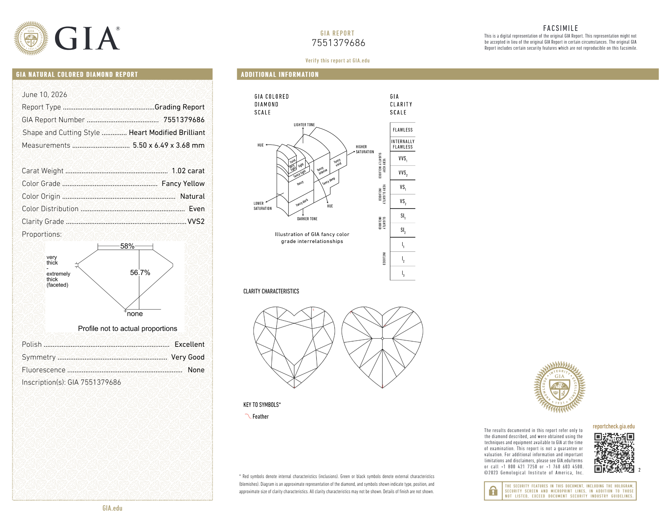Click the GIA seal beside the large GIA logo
(x=31, y=38)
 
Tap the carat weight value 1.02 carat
(x=188, y=171)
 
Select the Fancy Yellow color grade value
(x=183, y=184)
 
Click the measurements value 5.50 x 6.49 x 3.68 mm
(x=169, y=145)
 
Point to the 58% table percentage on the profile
(x=127, y=246)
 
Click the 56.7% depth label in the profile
(x=140, y=273)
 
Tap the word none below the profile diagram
(x=135, y=314)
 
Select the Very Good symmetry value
(x=188, y=357)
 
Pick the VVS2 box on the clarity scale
(x=403, y=173)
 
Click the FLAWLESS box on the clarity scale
(x=403, y=130)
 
